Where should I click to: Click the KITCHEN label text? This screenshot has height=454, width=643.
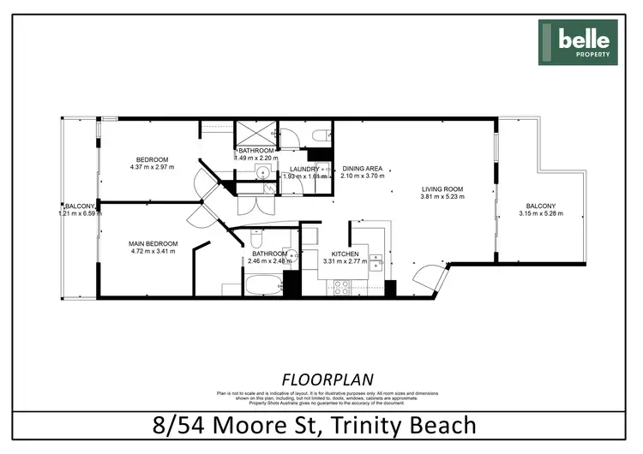point(344,254)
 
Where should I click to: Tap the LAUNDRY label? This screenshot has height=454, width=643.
point(304,170)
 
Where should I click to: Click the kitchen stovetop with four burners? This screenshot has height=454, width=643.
point(332,288)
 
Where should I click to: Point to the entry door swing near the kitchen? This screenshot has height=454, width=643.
point(425,277)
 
